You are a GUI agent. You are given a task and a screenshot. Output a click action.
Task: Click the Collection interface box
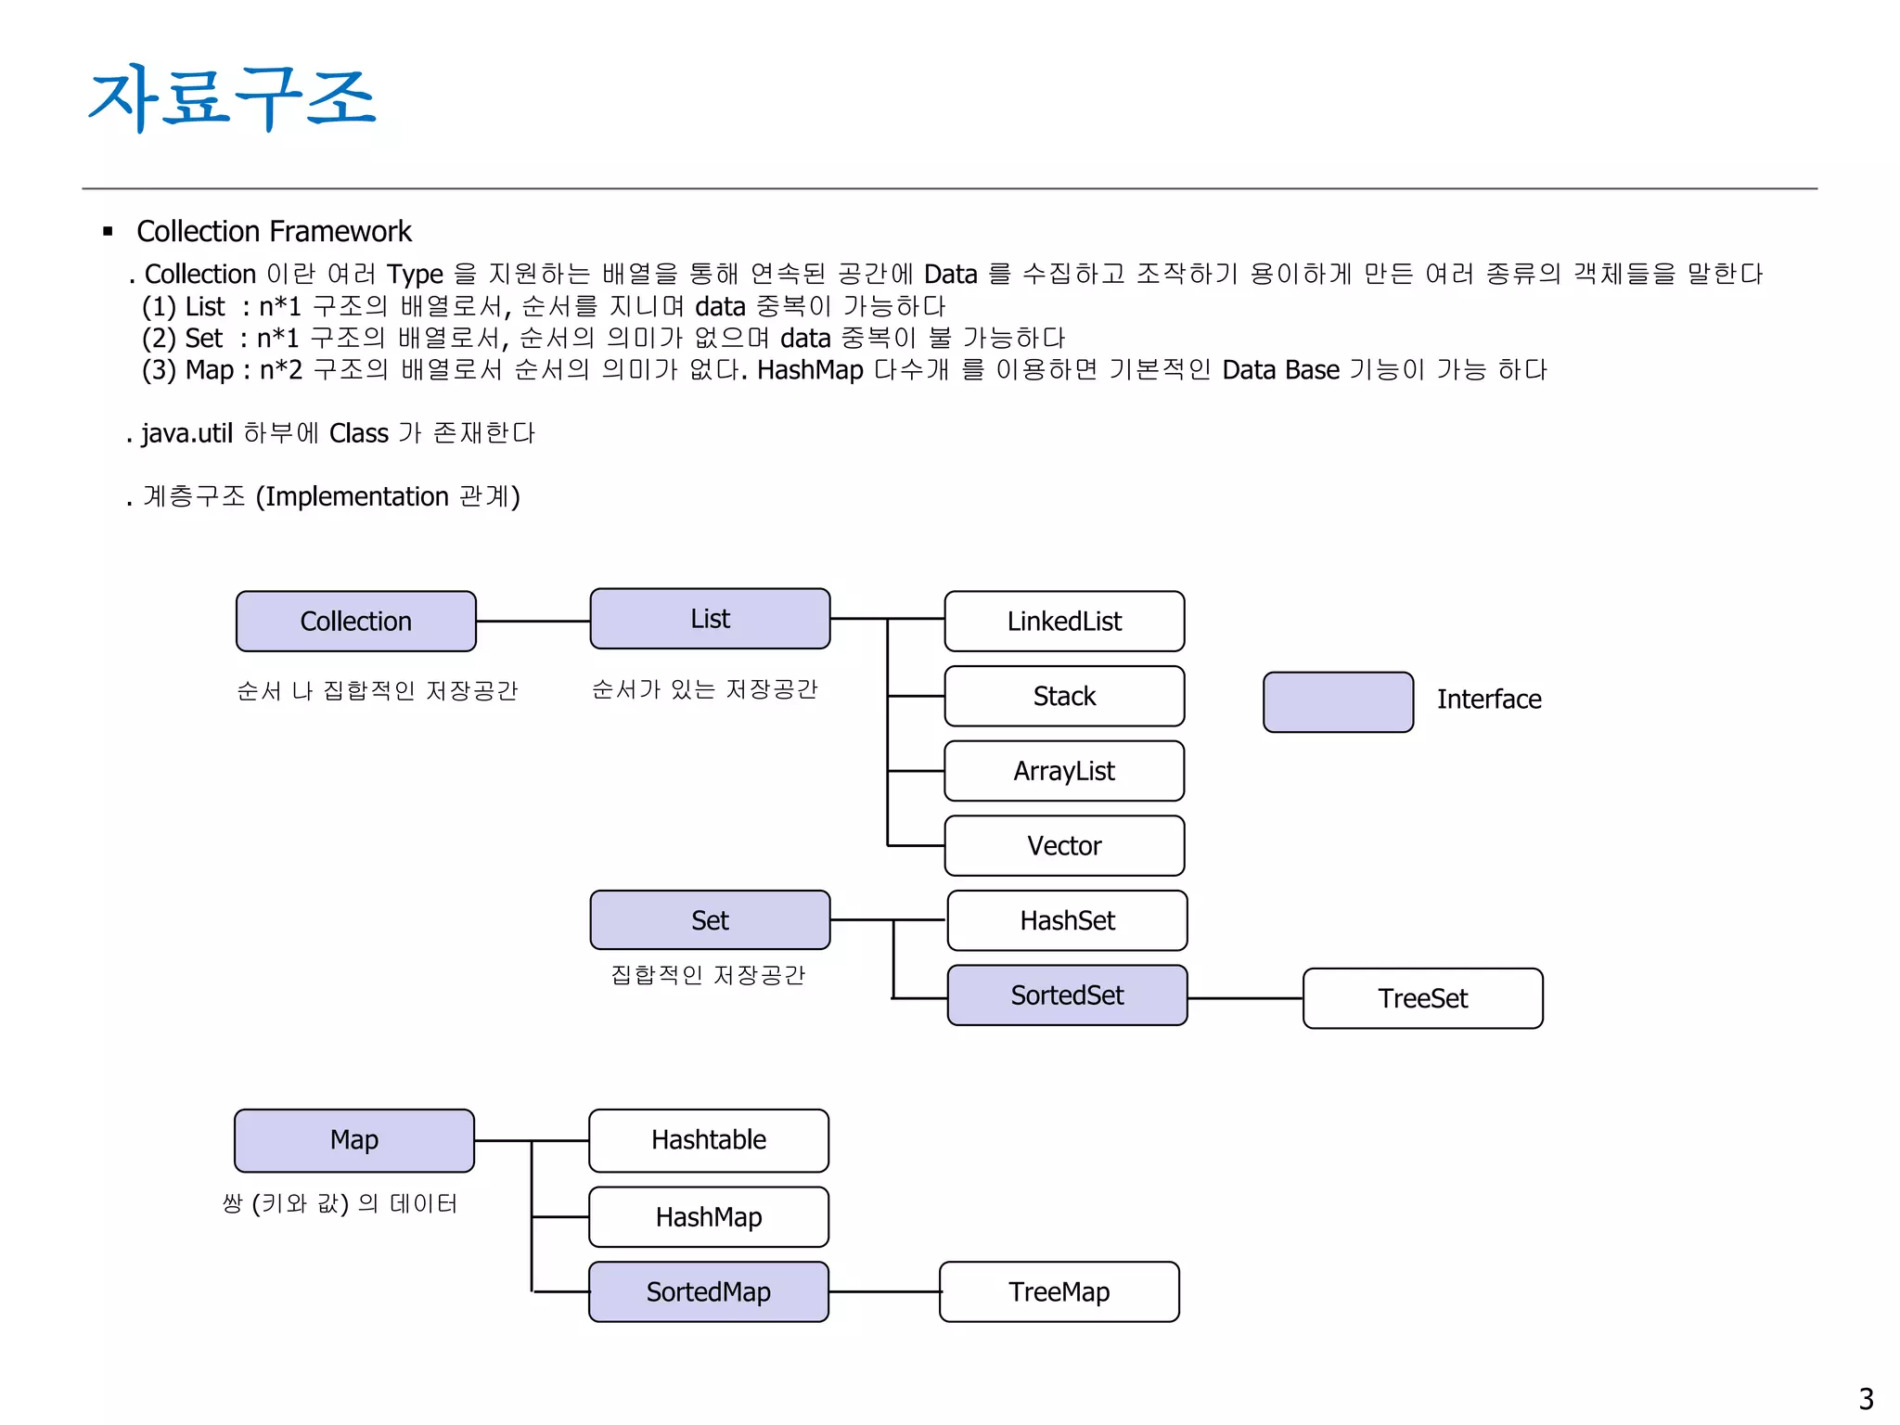click(355, 622)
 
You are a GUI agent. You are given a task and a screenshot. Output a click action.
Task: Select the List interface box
click(710, 619)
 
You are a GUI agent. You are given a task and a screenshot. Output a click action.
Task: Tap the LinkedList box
click(1064, 622)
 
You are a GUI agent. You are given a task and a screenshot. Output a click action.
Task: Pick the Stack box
click(1064, 696)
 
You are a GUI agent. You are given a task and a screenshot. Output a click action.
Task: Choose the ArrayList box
click(1064, 771)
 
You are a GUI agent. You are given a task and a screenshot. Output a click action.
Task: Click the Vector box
click(1064, 846)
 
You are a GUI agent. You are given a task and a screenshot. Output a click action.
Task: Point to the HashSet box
click(1067, 920)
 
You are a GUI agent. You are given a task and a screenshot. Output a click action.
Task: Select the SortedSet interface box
click(1067, 995)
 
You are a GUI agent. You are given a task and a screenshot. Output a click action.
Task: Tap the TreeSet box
click(1422, 998)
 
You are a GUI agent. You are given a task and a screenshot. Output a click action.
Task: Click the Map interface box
click(354, 1140)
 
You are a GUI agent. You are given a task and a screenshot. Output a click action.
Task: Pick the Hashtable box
click(709, 1140)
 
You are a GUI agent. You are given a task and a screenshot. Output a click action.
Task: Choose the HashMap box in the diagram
click(709, 1217)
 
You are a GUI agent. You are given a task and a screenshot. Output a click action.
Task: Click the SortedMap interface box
click(709, 1291)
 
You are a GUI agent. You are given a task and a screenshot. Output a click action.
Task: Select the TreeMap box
click(1059, 1291)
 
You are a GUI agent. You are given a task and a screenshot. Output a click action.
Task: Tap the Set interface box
click(710, 920)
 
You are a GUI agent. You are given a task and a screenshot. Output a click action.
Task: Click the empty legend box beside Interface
click(1338, 702)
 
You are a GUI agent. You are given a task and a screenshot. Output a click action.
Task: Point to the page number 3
click(1866, 1398)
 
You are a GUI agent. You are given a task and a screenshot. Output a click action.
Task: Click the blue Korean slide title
click(232, 97)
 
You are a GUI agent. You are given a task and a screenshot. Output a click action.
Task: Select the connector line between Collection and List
click(533, 621)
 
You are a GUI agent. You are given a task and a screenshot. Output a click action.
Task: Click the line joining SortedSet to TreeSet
click(1245, 998)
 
